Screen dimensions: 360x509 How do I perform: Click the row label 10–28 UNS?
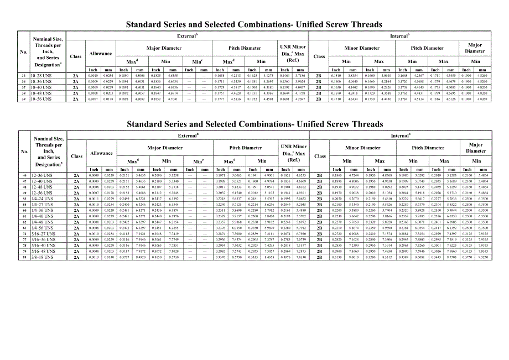coord(41,76)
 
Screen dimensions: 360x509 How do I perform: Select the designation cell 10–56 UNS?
coord(41,100)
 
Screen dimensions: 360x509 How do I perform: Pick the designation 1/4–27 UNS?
coord(42,205)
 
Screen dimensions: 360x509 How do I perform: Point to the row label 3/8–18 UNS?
coord(42,257)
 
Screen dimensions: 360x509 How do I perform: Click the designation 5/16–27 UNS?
coord(43,234)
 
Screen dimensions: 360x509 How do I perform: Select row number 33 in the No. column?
coord(23,76)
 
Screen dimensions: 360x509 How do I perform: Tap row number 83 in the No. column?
coord(24,257)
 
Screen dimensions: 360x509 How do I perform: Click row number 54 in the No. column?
coord(24,205)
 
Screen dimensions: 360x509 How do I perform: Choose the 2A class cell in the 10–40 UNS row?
coord(76,88)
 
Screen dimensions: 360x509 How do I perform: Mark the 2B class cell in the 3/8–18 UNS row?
coord(320,257)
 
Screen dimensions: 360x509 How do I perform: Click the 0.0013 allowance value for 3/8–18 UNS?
coord(94,257)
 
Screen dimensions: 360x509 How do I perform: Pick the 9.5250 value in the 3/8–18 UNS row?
coord(483,257)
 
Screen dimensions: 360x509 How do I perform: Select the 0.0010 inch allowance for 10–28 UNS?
coord(93,76)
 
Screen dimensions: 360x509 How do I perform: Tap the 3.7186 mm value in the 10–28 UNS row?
coord(300,76)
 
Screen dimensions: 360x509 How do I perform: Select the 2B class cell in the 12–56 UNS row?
coord(320,193)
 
